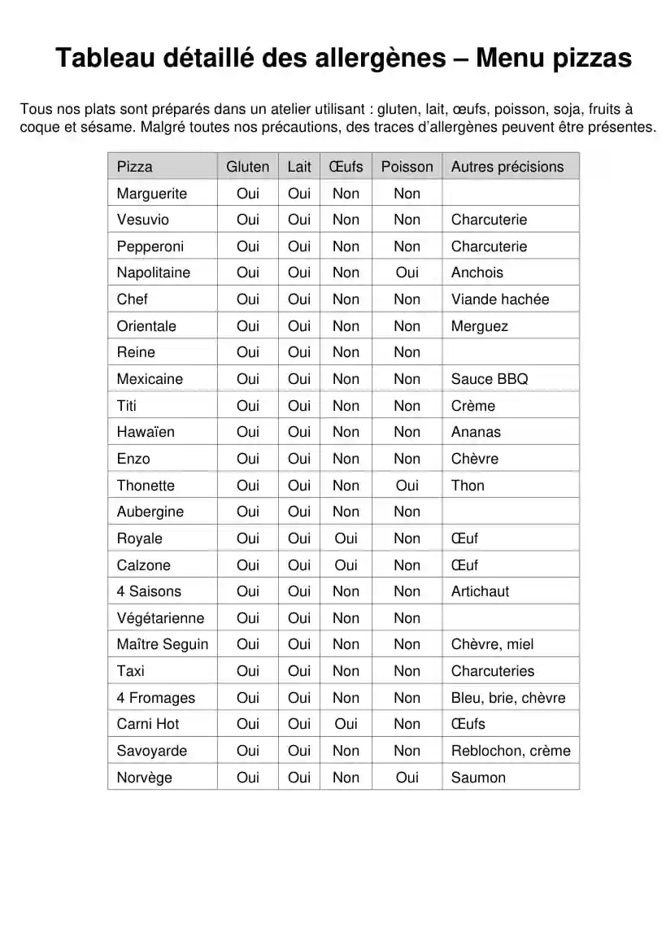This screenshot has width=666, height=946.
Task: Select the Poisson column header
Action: [x=407, y=167]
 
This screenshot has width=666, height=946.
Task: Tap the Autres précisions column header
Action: [x=507, y=167]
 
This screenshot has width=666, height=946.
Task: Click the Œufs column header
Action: [x=346, y=167]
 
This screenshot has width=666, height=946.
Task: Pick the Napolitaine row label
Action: [x=153, y=272]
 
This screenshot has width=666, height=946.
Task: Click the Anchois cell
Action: [x=477, y=272]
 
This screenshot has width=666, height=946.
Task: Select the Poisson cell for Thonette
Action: [x=407, y=486]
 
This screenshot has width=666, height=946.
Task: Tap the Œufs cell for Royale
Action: [x=346, y=538]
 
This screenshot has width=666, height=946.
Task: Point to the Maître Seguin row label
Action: [x=163, y=644]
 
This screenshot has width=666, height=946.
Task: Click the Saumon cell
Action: [x=478, y=778]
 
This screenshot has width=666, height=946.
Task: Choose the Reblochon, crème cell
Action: [x=511, y=751]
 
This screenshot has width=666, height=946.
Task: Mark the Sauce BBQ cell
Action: [x=490, y=379]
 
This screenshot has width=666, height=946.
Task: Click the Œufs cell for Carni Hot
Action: [x=346, y=724]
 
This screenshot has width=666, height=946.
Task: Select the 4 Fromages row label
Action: [x=156, y=698]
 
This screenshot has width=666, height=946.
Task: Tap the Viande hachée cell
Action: [x=500, y=299]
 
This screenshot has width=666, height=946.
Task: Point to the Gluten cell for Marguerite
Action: [x=248, y=194]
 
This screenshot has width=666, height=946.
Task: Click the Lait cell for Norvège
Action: [x=299, y=778]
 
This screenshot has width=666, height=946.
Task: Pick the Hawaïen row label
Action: [x=146, y=432]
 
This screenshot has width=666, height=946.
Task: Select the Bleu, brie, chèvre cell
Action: [x=508, y=698]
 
